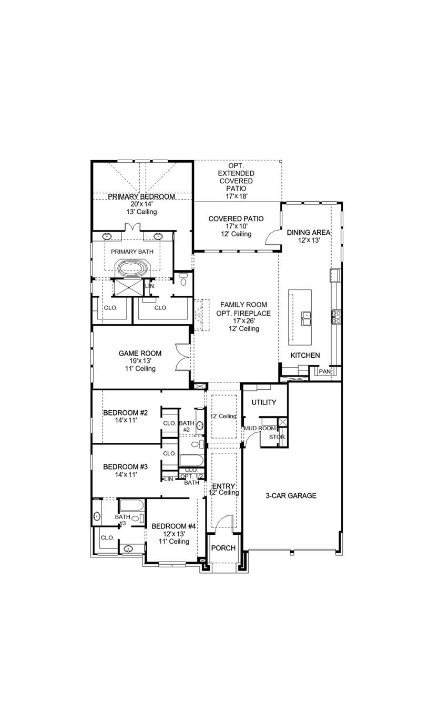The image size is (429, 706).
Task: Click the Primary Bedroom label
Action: [141, 196]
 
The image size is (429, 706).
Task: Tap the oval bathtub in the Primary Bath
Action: [133, 268]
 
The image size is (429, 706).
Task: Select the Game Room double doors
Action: [182, 357]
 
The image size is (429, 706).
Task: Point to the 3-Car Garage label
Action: [291, 495]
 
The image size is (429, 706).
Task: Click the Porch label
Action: [223, 548]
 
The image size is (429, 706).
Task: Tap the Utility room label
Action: [263, 402]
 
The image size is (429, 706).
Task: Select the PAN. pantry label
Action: [324, 371]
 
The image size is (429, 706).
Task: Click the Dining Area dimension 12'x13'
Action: [308, 240]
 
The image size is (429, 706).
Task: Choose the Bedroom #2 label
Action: [125, 413]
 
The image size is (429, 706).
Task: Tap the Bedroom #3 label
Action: [125, 466]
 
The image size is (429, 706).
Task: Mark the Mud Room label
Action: [256, 429]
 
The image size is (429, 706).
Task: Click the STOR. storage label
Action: [277, 437]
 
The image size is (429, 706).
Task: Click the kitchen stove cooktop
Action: [336, 316]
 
